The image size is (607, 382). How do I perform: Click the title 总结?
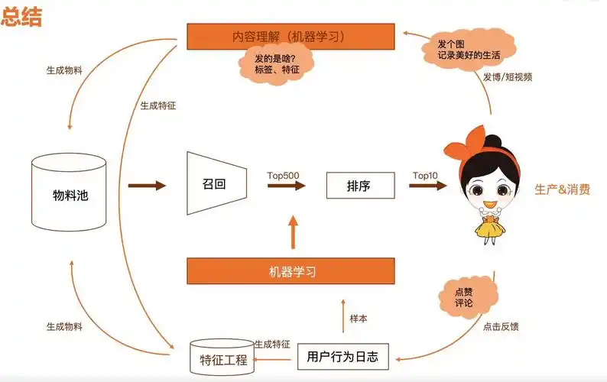21,17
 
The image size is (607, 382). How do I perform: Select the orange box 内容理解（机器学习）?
291,36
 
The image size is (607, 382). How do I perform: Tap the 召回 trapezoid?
215,185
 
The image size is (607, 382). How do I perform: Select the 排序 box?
359,186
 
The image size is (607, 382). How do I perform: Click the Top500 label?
283,176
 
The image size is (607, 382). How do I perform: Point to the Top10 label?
425,176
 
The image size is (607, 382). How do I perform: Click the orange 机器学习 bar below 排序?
291,271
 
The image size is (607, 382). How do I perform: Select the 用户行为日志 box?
342,356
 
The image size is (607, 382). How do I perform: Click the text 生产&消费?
562,189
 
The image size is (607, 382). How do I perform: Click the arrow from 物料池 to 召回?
147,186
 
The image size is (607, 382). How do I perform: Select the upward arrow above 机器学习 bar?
291,231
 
